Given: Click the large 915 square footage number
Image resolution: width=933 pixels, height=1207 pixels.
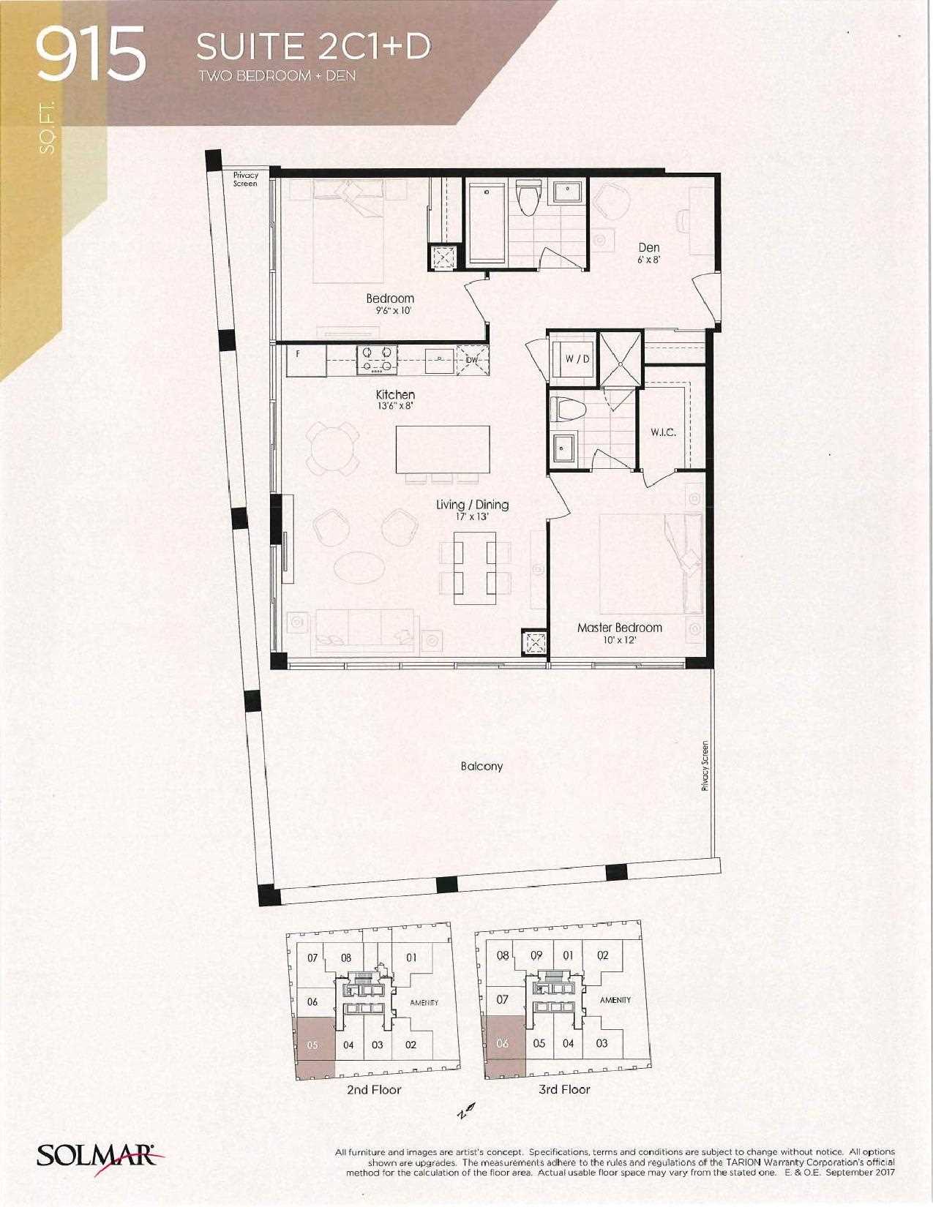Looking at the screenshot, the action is (x=90, y=55).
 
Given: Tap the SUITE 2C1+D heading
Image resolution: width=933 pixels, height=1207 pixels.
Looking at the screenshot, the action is (x=313, y=47).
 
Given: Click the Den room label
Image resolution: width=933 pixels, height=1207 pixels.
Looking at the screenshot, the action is (x=648, y=247).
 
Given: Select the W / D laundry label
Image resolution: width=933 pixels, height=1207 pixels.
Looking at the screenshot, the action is (x=577, y=359).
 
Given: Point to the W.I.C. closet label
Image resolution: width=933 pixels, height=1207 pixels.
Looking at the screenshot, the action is (x=664, y=432).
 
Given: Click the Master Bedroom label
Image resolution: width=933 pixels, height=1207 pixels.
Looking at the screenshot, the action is (x=620, y=628).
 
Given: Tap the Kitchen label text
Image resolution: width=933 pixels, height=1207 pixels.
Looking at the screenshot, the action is (x=395, y=394).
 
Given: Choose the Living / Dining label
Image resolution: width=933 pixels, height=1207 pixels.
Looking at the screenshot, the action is (x=472, y=504).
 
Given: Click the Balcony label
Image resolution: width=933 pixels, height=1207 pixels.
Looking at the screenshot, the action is (x=482, y=766).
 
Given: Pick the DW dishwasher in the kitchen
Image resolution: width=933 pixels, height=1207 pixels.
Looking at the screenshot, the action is (x=472, y=360).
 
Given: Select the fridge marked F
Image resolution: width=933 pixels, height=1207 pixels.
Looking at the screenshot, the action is (x=306, y=361).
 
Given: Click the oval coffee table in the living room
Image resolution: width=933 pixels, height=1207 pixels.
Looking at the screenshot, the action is (x=359, y=567).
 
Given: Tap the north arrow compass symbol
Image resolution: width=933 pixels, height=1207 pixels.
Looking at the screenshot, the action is (x=465, y=1108).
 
